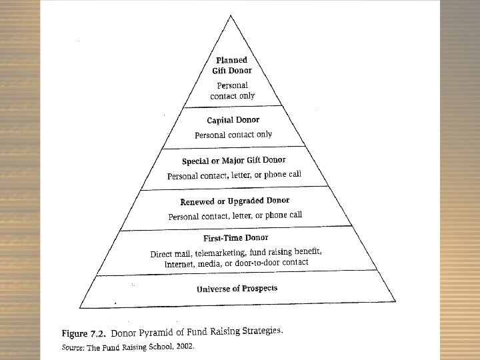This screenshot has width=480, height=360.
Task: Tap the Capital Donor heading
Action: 233,121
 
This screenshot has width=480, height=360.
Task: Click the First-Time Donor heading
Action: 235,238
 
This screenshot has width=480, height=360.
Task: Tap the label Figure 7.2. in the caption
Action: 84,332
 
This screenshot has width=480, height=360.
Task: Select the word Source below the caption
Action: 73,347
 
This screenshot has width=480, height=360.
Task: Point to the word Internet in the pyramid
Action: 179,264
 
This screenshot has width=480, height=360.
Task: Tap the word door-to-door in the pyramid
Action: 260,263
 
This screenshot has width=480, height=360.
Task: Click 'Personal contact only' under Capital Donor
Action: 233,135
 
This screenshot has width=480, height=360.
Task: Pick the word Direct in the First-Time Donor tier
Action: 161,254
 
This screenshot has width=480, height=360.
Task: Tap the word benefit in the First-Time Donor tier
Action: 307,251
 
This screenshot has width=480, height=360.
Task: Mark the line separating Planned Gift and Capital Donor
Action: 233,107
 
